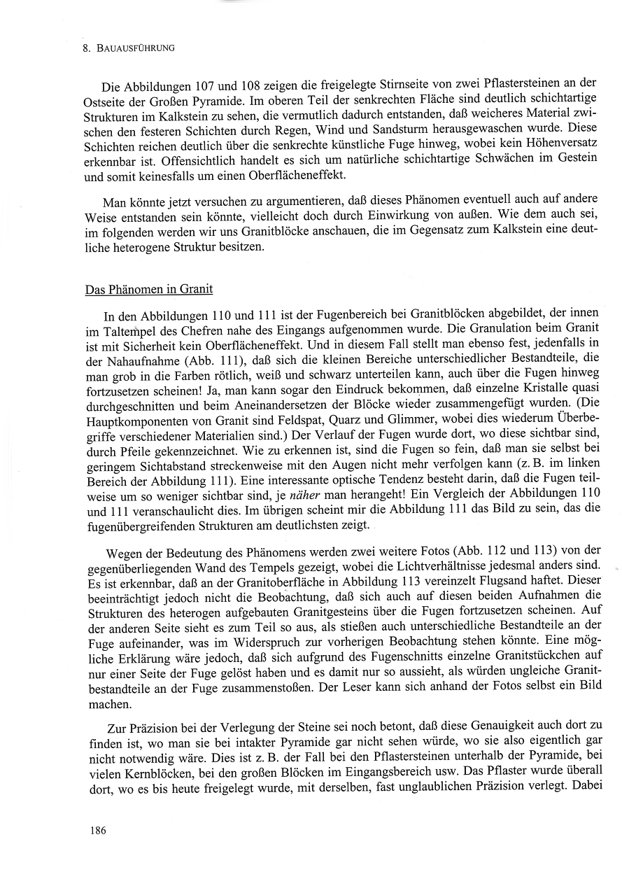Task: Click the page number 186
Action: [97, 831]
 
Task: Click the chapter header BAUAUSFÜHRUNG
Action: [135, 48]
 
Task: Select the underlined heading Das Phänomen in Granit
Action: [149, 288]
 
